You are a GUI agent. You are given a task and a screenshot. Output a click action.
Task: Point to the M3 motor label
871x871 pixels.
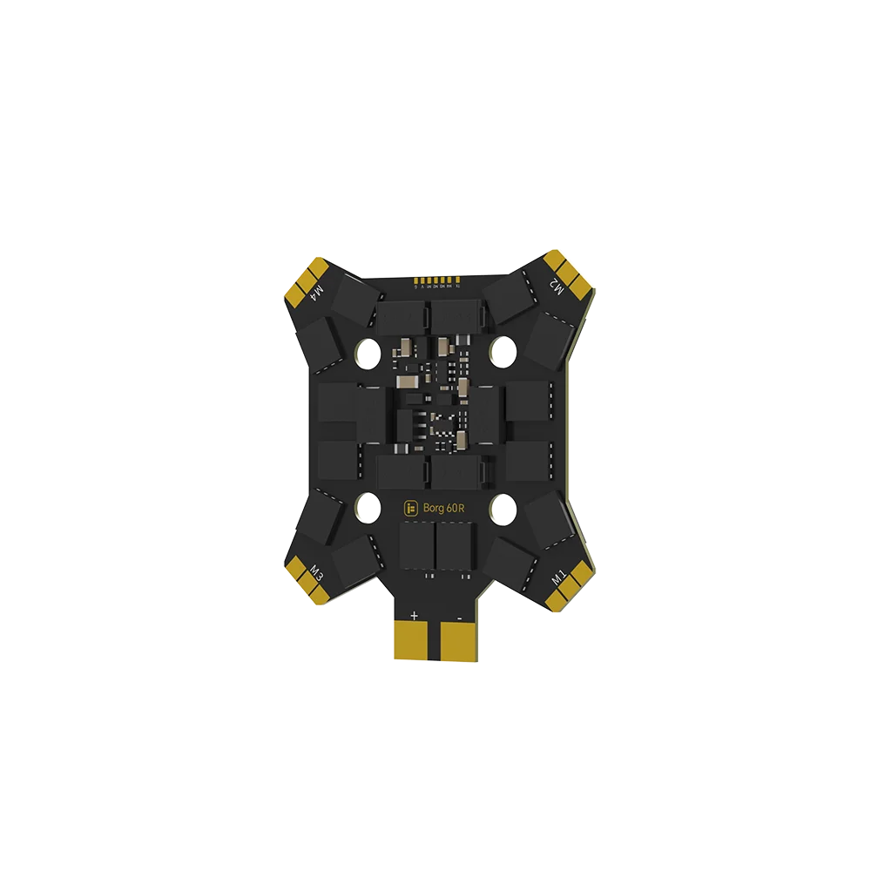click(x=318, y=572)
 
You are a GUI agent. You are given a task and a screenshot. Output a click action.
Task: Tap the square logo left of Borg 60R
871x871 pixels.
click(x=412, y=508)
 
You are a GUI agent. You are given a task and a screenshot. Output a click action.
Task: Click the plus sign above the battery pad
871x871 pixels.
click(x=414, y=615)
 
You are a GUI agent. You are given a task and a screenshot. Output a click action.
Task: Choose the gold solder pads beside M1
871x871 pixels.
click(x=571, y=588)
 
